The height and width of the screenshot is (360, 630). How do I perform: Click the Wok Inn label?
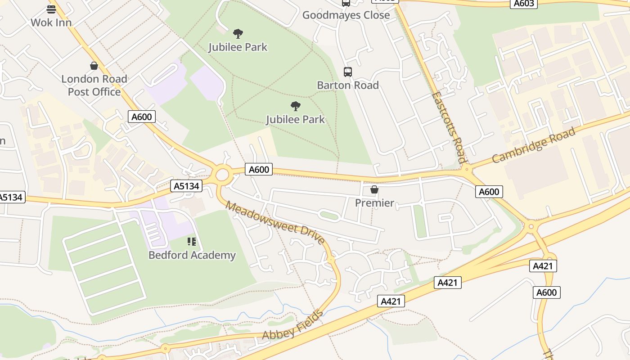tap(51, 22)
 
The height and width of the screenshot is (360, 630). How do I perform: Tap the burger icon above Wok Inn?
tap(51, 9)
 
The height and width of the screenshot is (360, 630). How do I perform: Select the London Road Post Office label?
tap(94, 85)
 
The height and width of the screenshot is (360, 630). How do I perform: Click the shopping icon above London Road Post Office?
tap(94, 66)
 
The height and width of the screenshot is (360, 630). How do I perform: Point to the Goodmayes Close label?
tap(346, 15)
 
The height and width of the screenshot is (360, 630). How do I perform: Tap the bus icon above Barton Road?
tap(347, 72)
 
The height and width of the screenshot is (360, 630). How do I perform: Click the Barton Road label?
tap(347, 85)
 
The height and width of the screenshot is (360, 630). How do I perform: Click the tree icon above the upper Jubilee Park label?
tap(238, 33)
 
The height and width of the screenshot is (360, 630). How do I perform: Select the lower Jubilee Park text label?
tap(295, 119)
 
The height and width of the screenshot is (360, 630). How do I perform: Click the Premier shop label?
tap(374, 203)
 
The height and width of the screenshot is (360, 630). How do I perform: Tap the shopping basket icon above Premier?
tap(374, 189)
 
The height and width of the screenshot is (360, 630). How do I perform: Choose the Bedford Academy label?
tap(192, 255)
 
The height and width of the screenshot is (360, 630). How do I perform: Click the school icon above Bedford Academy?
tap(192, 242)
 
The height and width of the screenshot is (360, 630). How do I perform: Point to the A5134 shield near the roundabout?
tap(186, 186)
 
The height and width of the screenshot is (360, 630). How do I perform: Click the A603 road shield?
tap(524, 4)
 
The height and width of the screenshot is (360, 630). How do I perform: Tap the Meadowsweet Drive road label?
tap(275, 223)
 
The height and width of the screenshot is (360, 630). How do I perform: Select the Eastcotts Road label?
tap(448, 127)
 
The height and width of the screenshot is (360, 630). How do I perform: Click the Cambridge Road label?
tap(533, 145)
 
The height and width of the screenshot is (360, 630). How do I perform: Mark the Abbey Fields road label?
tap(292, 325)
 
